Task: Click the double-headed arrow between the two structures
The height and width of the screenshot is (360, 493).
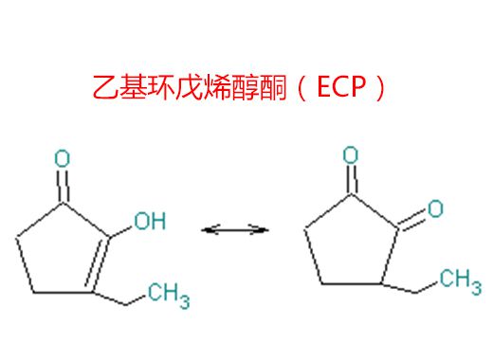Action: [x=236, y=228]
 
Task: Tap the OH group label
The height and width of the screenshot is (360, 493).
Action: [x=148, y=222]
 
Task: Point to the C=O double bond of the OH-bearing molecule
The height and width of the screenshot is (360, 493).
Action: [x=62, y=184]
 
